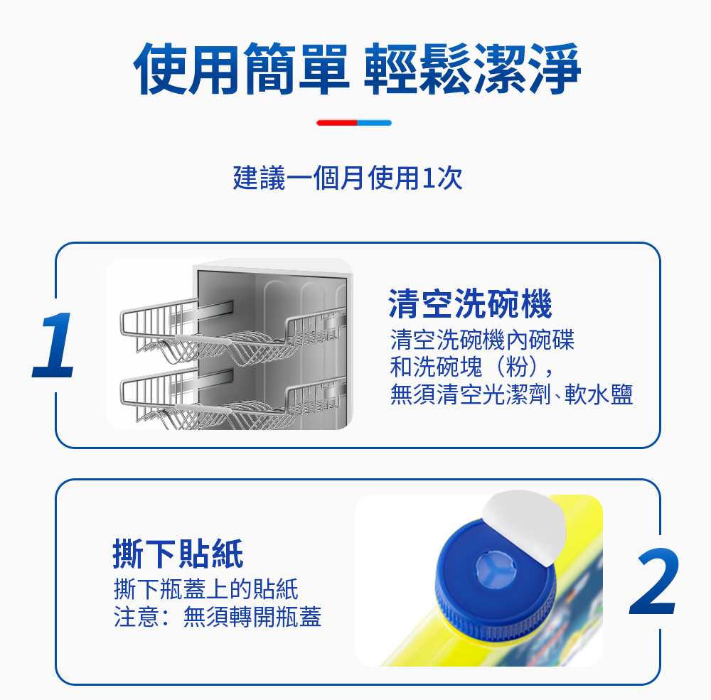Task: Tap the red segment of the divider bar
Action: (337, 122)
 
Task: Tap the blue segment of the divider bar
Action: (375, 122)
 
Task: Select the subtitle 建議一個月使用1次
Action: (348, 177)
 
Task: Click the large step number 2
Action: (654, 581)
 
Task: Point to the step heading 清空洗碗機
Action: (470, 303)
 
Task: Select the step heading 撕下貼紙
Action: (178, 554)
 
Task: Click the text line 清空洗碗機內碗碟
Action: (483, 340)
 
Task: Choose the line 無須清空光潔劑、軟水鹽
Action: (511, 394)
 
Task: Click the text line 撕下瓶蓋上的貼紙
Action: (206, 589)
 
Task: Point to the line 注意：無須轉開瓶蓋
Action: (217, 617)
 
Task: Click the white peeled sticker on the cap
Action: (525, 526)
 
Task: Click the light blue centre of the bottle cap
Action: (496, 569)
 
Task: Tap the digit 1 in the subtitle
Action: (426, 178)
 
